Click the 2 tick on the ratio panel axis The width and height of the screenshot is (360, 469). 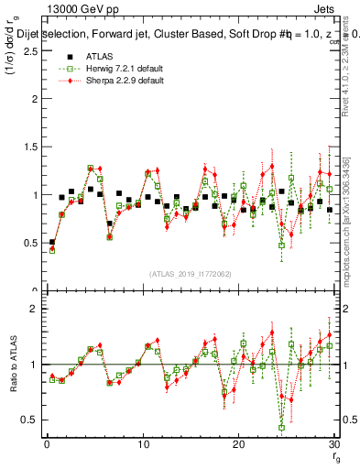click(35, 309)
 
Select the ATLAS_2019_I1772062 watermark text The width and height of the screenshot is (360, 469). click(190, 273)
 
